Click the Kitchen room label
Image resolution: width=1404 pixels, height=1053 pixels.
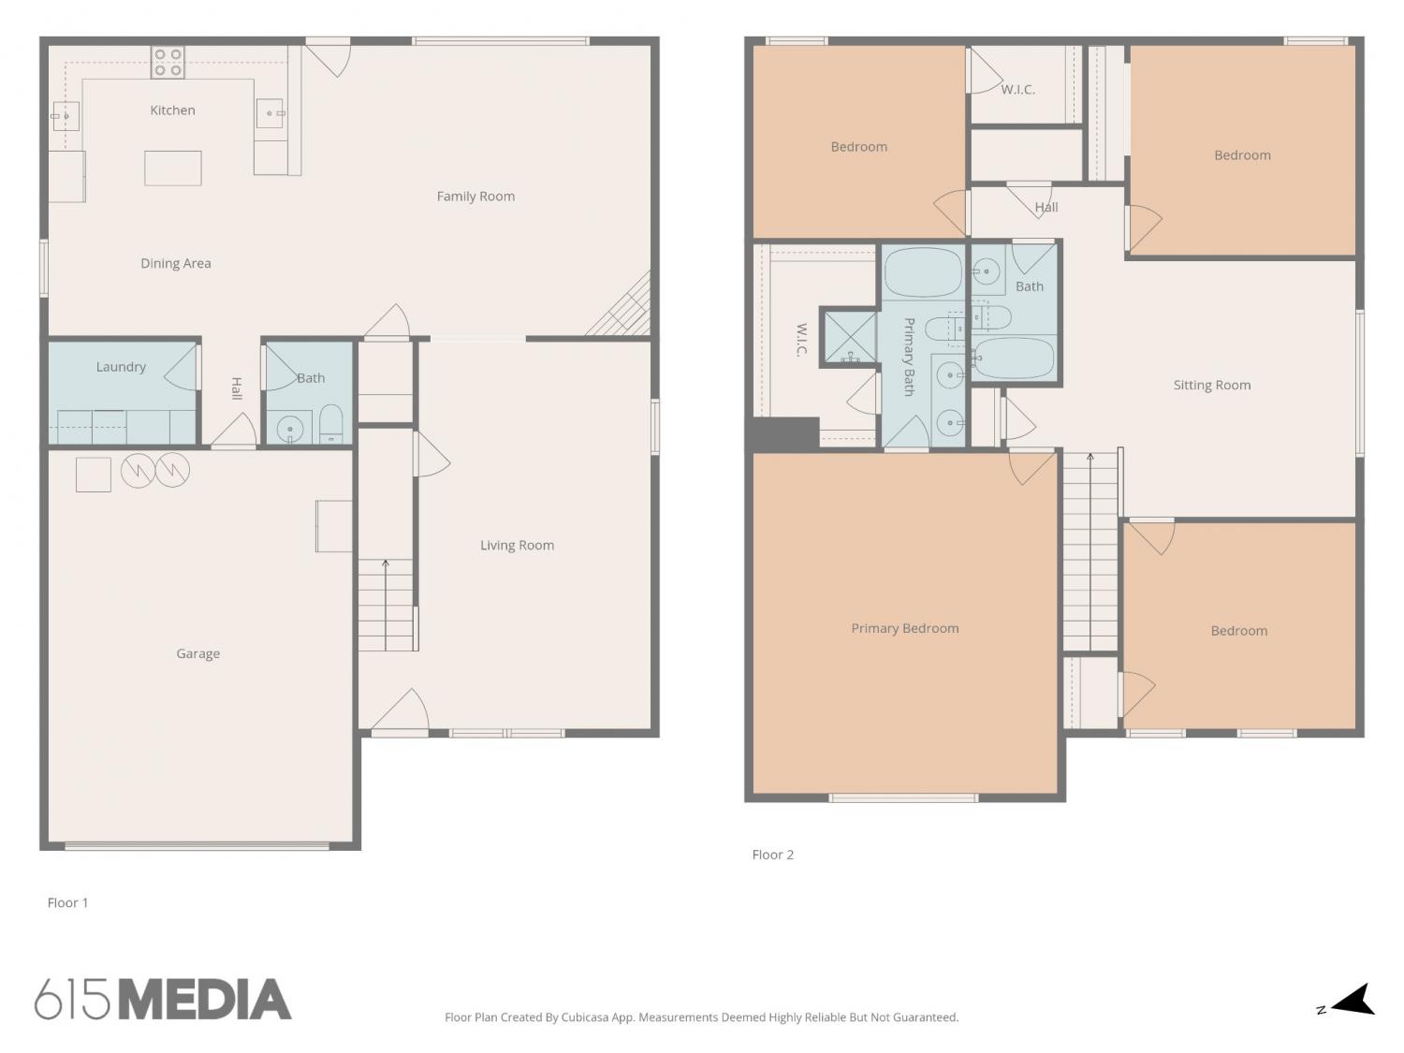(173, 110)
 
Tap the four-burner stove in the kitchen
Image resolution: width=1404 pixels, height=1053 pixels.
(168, 63)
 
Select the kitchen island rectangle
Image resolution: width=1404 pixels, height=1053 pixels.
(173, 168)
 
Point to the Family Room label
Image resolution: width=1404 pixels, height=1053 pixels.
(475, 197)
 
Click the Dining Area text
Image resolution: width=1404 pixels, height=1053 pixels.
(176, 263)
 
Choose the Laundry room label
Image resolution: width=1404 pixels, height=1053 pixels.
(121, 367)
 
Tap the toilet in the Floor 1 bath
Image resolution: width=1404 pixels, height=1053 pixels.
(331, 423)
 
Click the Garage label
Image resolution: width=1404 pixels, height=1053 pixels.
(198, 653)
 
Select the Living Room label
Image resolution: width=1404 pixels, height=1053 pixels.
(517, 546)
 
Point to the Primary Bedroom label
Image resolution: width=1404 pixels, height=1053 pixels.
(904, 628)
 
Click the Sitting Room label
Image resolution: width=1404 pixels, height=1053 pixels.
(1212, 386)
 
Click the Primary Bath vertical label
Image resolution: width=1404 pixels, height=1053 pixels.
(908, 357)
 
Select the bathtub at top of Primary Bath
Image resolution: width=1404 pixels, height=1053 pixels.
(923, 273)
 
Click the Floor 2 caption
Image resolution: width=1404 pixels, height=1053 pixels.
(773, 855)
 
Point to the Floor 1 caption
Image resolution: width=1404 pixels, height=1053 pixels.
(67, 902)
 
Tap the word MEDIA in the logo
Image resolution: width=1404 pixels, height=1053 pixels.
(205, 1000)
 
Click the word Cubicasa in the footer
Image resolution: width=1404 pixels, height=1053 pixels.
(585, 1017)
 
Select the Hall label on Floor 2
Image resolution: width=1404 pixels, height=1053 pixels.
(1046, 207)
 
